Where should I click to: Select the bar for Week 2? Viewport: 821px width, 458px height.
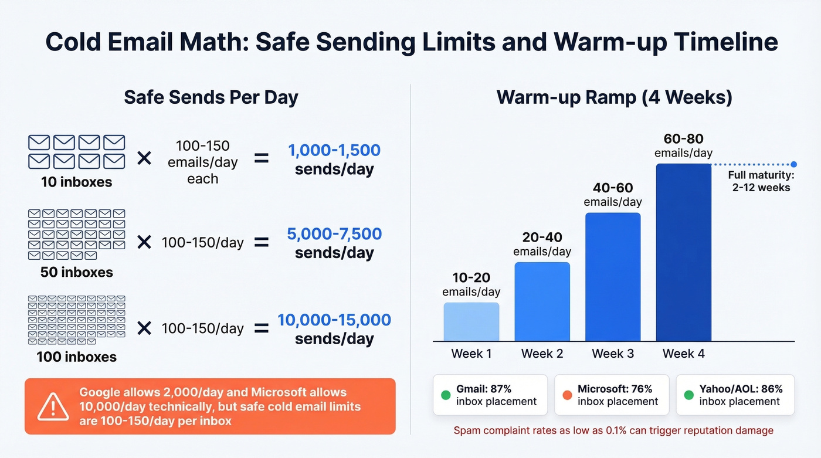(542, 301)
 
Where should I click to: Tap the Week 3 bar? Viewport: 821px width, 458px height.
(613, 277)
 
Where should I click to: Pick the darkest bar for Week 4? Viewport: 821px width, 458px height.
(683, 252)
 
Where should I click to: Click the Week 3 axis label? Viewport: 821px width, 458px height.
(613, 354)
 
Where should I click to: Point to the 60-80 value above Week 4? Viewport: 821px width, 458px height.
(683, 139)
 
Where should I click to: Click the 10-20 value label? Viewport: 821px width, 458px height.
(471, 277)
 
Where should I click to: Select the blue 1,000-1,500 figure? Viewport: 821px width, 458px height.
(334, 150)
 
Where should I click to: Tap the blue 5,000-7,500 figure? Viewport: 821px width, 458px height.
(334, 234)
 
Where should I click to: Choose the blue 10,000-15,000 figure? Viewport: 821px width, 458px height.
(334, 320)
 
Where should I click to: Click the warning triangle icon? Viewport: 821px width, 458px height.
(53, 406)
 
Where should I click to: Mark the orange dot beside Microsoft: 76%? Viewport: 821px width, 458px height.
(567, 395)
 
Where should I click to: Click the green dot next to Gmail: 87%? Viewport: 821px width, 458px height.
(446, 395)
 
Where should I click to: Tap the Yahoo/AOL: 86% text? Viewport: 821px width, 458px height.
(741, 389)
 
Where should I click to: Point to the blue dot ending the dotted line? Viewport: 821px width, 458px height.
(793, 164)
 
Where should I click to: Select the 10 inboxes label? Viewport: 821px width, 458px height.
(76, 182)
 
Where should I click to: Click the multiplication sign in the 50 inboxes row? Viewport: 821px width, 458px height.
(144, 242)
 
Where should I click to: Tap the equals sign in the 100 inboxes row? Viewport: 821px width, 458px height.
(261, 328)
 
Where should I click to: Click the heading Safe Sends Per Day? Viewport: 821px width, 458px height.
(211, 97)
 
